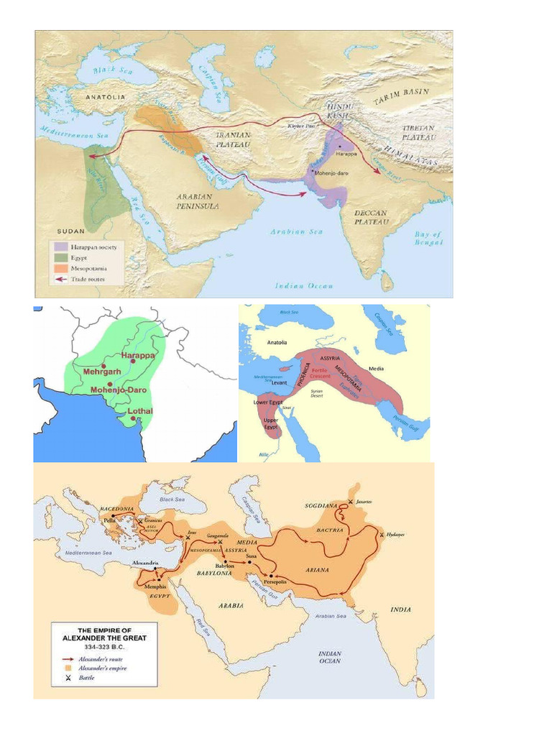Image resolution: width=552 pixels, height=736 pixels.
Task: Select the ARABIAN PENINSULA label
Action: (x=198, y=200)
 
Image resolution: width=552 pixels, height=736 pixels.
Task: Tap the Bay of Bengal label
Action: (x=429, y=239)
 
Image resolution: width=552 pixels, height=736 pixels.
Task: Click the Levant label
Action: (x=279, y=382)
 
